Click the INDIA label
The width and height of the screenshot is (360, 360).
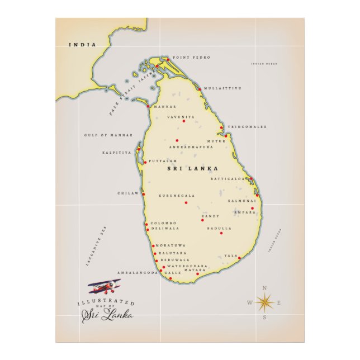(82, 44)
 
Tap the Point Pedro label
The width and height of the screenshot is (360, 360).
(184, 58)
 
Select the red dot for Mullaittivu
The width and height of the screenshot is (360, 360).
(200, 89)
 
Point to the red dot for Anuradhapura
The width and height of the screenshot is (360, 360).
(177, 141)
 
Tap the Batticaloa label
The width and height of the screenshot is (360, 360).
(228, 179)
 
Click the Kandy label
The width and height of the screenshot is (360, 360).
(210, 216)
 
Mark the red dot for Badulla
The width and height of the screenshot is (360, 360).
(221, 233)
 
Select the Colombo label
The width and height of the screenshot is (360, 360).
(163, 223)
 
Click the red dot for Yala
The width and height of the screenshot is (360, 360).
(239, 258)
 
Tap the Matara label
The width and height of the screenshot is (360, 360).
(195, 269)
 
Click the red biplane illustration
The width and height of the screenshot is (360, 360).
(104, 287)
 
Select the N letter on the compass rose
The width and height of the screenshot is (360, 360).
(264, 288)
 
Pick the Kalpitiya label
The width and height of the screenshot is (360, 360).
(116, 152)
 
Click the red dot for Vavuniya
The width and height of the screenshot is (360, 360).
(183, 121)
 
